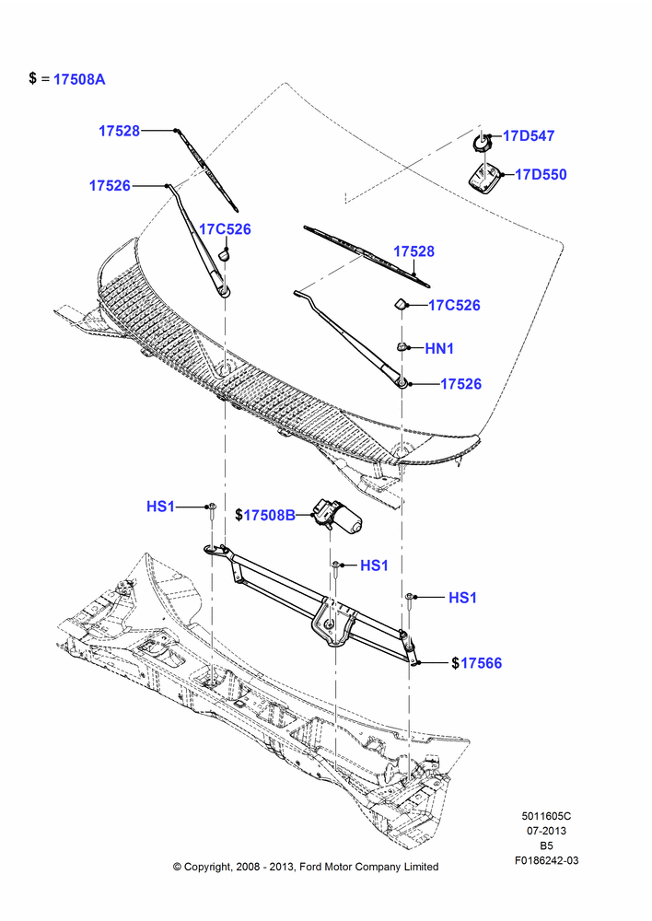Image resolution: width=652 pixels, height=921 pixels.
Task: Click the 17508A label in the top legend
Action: click(79, 79)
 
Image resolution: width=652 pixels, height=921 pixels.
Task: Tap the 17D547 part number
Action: click(529, 135)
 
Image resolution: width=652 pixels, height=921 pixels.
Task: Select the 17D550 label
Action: click(541, 174)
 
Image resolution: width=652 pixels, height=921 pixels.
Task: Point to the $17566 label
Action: click(477, 663)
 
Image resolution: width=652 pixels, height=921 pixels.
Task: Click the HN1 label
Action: click(439, 348)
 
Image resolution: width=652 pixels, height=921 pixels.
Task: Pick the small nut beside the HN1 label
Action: click(403, 346)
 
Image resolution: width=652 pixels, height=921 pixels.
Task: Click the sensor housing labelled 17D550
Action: click(485, 176)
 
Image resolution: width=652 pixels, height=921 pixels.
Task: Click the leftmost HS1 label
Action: click(160, 507)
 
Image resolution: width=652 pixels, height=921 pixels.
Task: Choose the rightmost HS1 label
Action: click(463, 598)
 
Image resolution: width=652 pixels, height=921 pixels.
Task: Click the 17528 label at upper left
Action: click(119, 131)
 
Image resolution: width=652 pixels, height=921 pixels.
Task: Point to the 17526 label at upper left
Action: click(110, 186)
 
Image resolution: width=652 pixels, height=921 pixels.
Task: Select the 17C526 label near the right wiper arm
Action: click(455, 306)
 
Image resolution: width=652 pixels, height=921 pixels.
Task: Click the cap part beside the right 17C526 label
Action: click(400, 304)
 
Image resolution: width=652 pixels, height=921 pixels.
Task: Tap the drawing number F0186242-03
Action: click(547, 860)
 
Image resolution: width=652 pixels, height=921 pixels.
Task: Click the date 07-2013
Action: click(546, 831)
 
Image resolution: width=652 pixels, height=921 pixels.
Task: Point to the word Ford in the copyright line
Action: click(311, 867)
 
